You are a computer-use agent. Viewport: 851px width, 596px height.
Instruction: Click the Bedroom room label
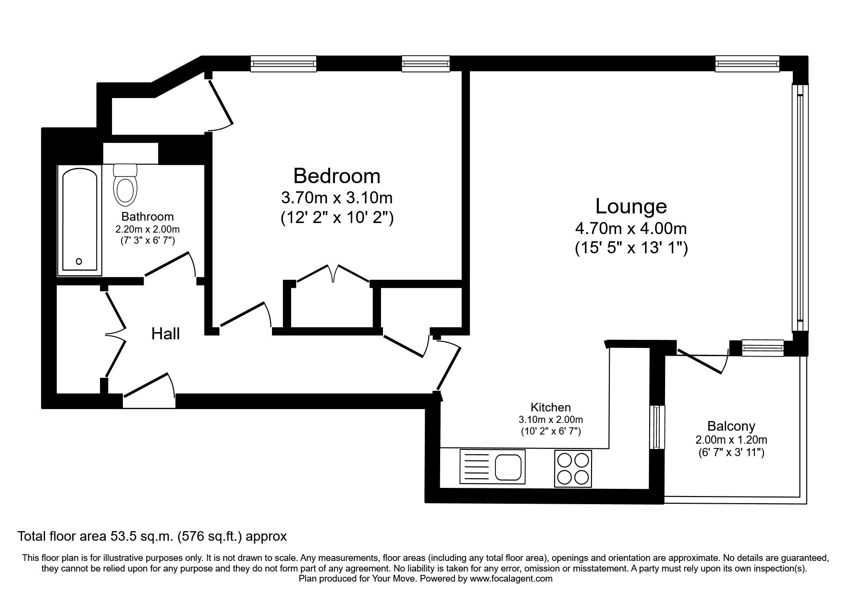pos(336,176)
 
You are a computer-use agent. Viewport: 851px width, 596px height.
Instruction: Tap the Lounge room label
pos(631,206)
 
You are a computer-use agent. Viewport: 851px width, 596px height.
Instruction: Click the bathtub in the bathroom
pos(80,221)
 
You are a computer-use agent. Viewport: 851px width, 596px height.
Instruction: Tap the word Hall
pos(165,334)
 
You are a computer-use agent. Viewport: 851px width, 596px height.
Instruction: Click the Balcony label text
pos(731,426)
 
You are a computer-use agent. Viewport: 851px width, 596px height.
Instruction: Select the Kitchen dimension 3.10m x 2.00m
pos(551,420)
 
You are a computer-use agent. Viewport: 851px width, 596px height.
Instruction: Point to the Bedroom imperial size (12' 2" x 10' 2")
pos(337,218)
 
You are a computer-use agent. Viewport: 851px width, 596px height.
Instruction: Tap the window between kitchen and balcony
pos(657,426)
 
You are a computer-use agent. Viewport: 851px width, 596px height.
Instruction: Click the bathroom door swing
pos(171,267)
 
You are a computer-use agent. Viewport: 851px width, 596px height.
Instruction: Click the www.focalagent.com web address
pos(511,579)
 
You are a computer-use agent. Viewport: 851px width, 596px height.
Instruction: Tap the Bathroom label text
pos(147,216)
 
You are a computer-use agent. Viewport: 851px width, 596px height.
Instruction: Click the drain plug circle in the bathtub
pos(79,261)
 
